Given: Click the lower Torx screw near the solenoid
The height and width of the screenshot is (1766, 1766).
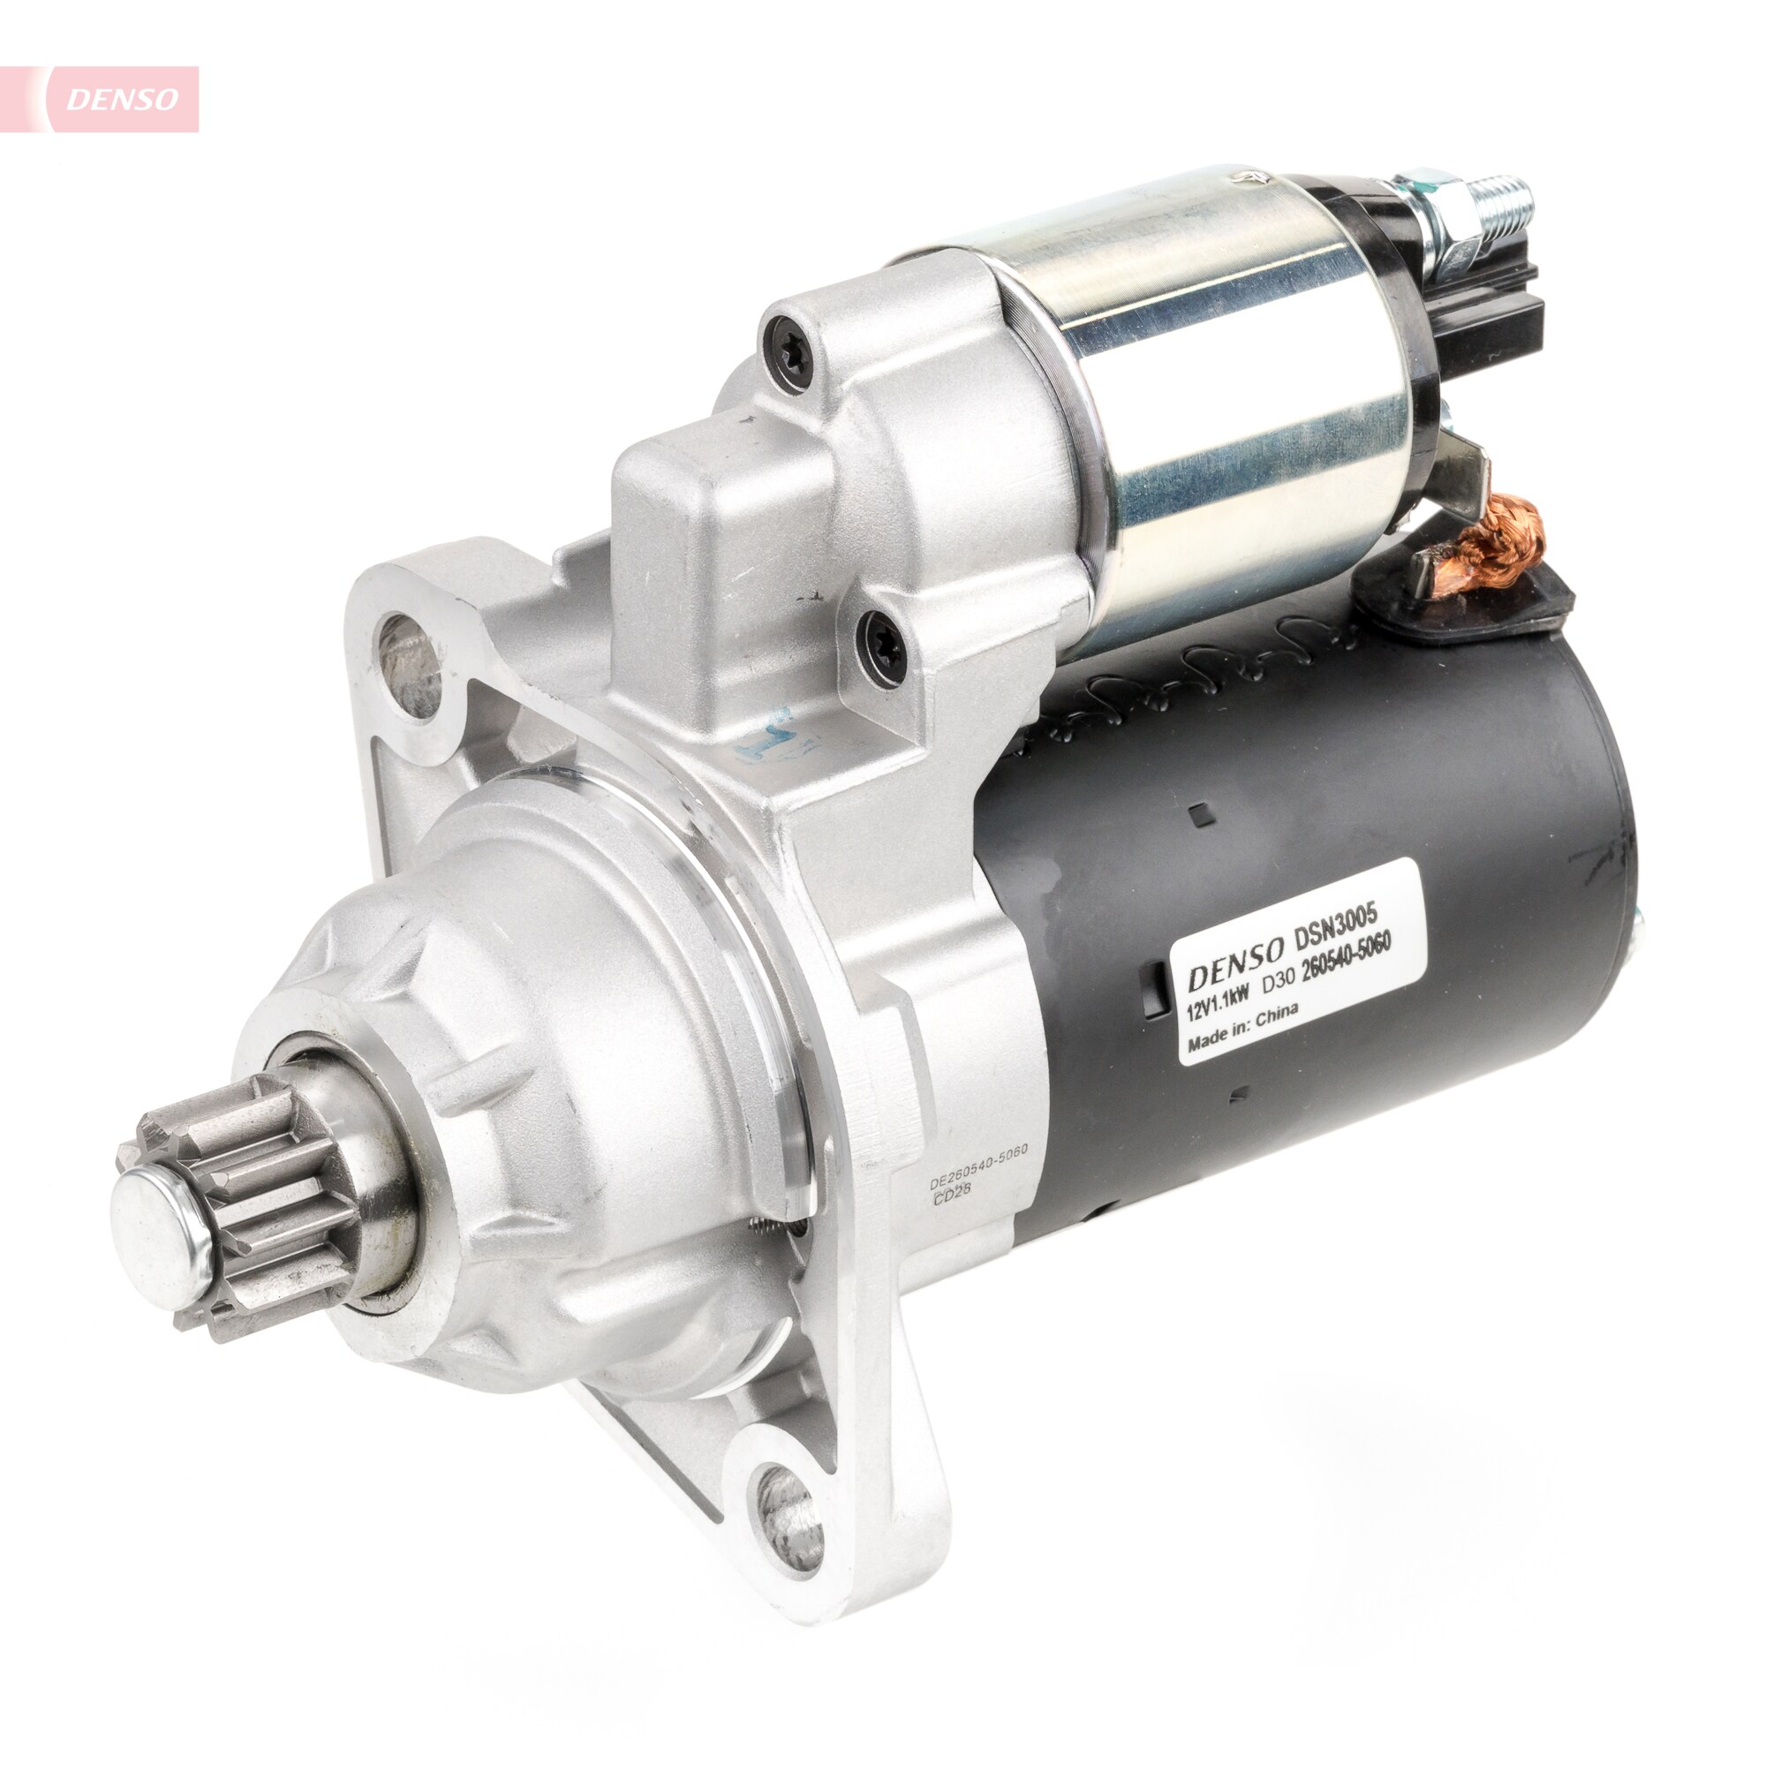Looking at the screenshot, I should tap(883, 645).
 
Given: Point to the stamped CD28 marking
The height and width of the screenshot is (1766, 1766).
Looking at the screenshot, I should tap(951, 1200).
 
